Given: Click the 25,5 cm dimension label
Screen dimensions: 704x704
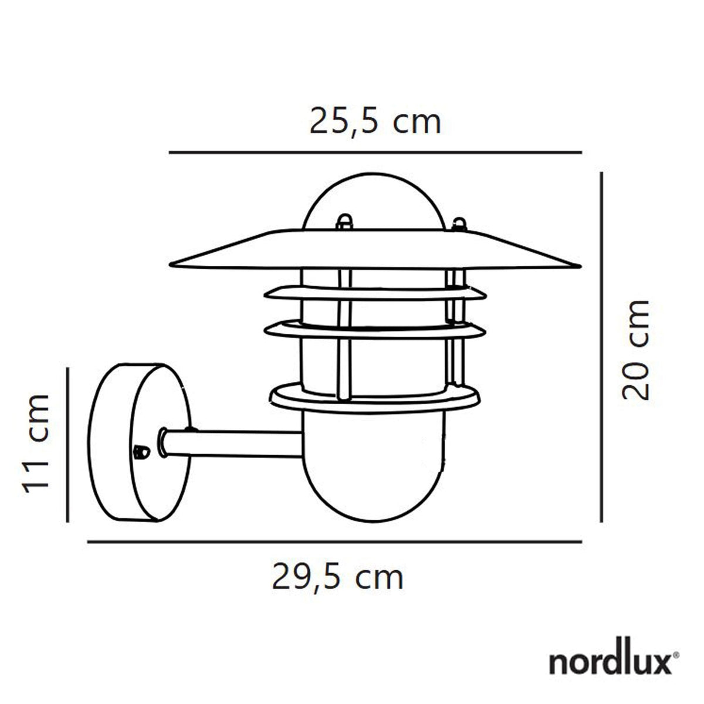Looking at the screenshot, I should point(375,122).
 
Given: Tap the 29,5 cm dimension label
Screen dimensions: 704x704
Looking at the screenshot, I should point(337,577).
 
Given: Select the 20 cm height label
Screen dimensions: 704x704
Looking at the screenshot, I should point(636,350).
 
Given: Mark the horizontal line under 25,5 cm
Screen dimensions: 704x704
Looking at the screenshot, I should point(375,153).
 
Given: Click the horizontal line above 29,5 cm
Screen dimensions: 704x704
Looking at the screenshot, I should point(334,542).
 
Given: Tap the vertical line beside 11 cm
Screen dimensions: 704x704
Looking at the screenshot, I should point(68,444).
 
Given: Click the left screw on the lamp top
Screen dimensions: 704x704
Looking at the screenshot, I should point(343,221).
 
